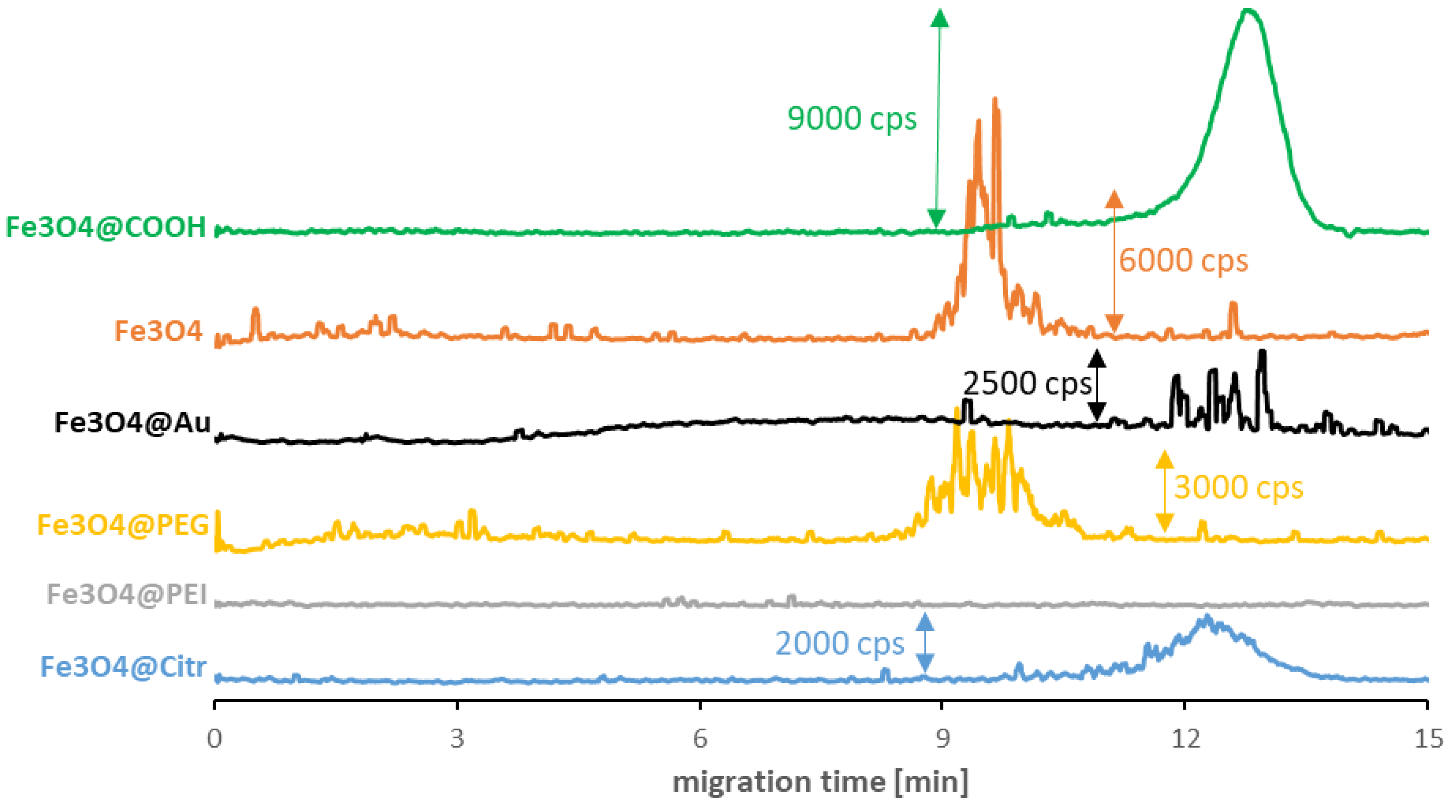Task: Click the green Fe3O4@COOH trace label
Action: pos(106,227)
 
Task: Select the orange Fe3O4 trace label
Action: pos(158,330)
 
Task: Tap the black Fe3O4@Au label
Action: pos(133,422)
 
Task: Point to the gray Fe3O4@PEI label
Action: pos(127,594)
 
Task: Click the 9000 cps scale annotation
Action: pos(852,119)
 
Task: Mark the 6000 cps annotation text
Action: pos(1183,261)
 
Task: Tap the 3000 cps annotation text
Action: pos(1238,488)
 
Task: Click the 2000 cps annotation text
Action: pos(839,643)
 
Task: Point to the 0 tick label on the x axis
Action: pos(214,738)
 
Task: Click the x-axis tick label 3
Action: pos(457,738)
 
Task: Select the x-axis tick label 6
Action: pos(700,738)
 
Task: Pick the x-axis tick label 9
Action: pos(942,738)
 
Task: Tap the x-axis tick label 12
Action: pos(1185,738)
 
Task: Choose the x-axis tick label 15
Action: pos(1428,738)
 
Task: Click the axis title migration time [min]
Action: pos(820,781)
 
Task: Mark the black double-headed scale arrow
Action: pos(1096,385)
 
